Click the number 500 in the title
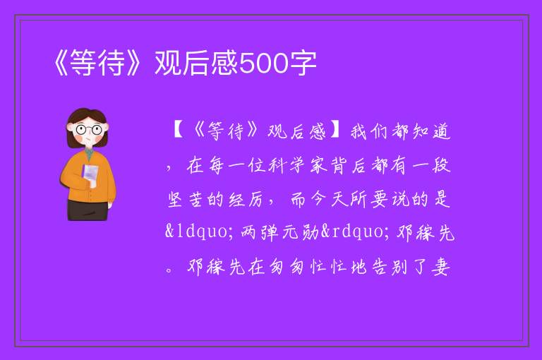(264, 64)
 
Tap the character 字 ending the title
(303, 63)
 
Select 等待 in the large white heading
(97, 63)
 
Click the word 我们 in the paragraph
(370, 132)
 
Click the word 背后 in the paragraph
(349, 165)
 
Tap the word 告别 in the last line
(390, 267)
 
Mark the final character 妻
(440, 267)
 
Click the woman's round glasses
(88, 130)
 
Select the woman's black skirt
(88, 210)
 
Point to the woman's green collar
(89, 153)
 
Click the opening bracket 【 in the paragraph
(179, 132)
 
